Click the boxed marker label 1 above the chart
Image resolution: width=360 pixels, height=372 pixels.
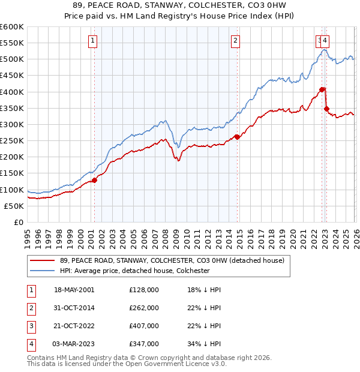pos(94,41)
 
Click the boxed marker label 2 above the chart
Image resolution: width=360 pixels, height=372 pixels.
pos(236,41)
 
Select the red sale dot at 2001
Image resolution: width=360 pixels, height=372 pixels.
pos(94,180)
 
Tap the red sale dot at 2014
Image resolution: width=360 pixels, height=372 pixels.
pos(237,137)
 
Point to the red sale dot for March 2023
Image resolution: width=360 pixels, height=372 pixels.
pos(326,109)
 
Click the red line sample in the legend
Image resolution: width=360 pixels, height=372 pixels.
pos(43,260)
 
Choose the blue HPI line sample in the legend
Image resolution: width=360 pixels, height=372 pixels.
pos(43,271)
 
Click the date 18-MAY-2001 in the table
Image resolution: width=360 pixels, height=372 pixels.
pos(74,290)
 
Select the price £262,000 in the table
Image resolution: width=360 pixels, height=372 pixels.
pos(144,308)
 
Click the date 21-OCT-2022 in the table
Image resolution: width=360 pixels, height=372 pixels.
pos(74,326)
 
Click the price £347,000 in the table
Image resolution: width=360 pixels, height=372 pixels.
pos(144,344)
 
